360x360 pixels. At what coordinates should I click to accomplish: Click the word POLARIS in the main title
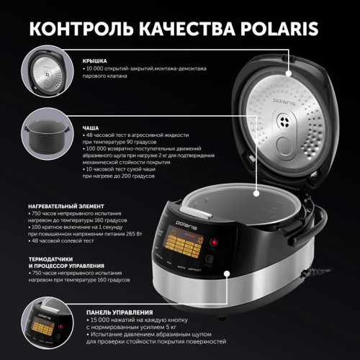click(x=288, y=29)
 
